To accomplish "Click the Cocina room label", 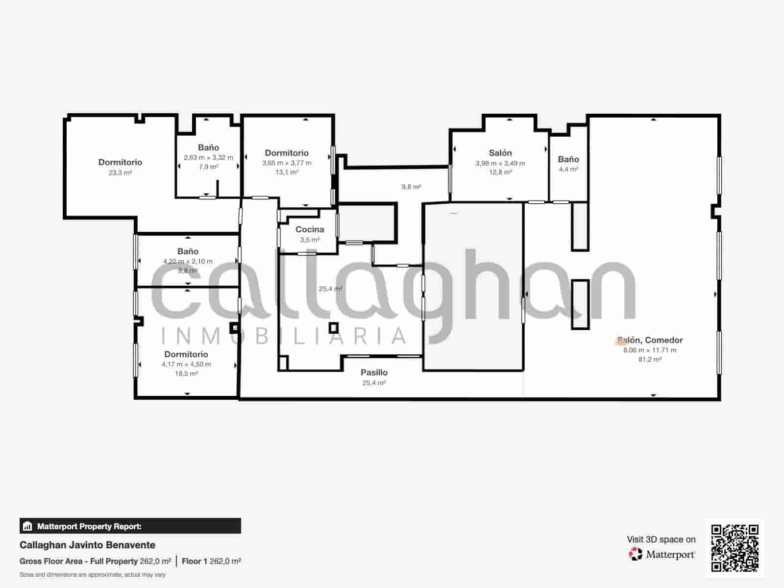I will pyautogui.click(x=310, y=229).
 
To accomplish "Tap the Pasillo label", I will pyautogui.click(x=374, y=372).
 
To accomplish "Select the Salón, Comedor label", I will pyautogui.click(x=650, y=340).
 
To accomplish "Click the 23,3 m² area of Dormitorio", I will pyautogui.click(x=120, y=172).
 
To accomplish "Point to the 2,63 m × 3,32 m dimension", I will pyautogui.click(x=208, y=157).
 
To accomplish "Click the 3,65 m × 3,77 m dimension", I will pyautogui.click(x=287, y=163).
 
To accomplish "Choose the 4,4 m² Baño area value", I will pyautogui.click(x=568, y=169).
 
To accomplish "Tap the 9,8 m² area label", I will pyautogui.click(x=411, y=187).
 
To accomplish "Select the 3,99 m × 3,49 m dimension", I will pyautogui.click(x=500, y=163).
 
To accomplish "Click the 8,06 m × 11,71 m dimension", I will pyautogui.click(x=650, y=350).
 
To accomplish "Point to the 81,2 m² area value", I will pyautogui.click(x=650, y=359).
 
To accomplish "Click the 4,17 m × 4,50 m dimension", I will pyautogui.click(x=186, y=364).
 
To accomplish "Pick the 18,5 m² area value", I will pyautogui.click(x=186, y=373).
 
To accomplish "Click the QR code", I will pyautogui.click(x=735, y=548).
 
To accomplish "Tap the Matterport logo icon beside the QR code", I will pyautogui.click(x=636, y=554).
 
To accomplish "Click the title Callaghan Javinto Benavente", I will pyautogui.click(x=87, y=545).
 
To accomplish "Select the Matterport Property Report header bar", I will pyautogui.click(x=130, y=526).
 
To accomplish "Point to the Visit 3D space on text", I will pyautogui.click(x=661, y=539).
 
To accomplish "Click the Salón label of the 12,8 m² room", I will pyautogui.click(x=500, y=153).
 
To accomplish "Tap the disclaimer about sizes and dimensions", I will pyautogui.click(x=93, y=574).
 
